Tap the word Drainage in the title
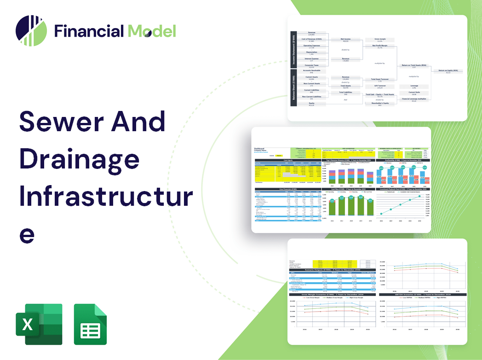(79, 159)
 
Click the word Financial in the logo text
(89, 31)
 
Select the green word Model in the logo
(152, 31)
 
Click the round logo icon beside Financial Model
(31, 31)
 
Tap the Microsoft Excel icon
(39, 324)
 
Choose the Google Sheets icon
(90, 324)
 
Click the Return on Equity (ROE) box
(448, 71)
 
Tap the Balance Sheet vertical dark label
(293, 88)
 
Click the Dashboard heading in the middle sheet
(261, 149)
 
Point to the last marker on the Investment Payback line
(419, 197)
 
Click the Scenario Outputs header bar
(332, 270)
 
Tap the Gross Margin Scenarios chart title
(332, 294)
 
